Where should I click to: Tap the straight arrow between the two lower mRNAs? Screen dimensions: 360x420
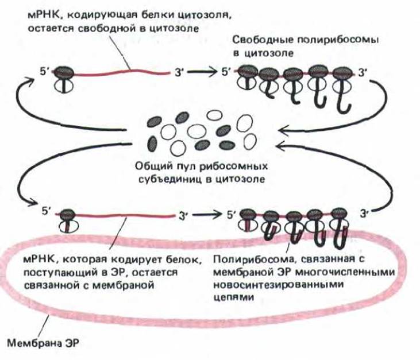click(207, 215)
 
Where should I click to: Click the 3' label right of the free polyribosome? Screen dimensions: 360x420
click(363, 72)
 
